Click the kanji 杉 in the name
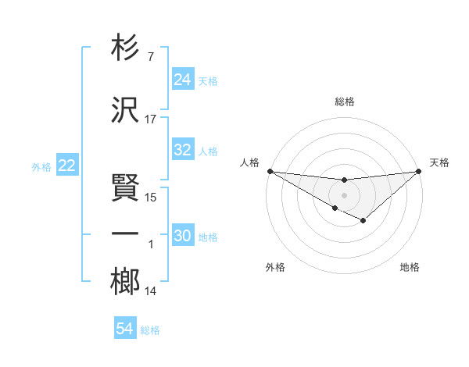(x=126, y=48)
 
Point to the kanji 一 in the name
(x=126, y=235)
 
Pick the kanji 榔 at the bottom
(x=126, y=281)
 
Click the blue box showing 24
(x=183, y=79)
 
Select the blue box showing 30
(x=183, y=236)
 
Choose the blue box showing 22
(x=67, y=165)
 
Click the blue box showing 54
(x=125, y=329)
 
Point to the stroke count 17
(x=151, y=119)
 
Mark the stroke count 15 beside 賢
(x=151, y=197)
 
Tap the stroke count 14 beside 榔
(x=151, y=291)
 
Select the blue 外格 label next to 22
(x=41, y=166)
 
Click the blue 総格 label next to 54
(x=150, y=330)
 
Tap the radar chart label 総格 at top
(x=344, y=102)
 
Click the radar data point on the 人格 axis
(x=270, y=171)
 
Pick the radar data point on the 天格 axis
(x=419, y=172)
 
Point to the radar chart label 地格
(x=410, y=267)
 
